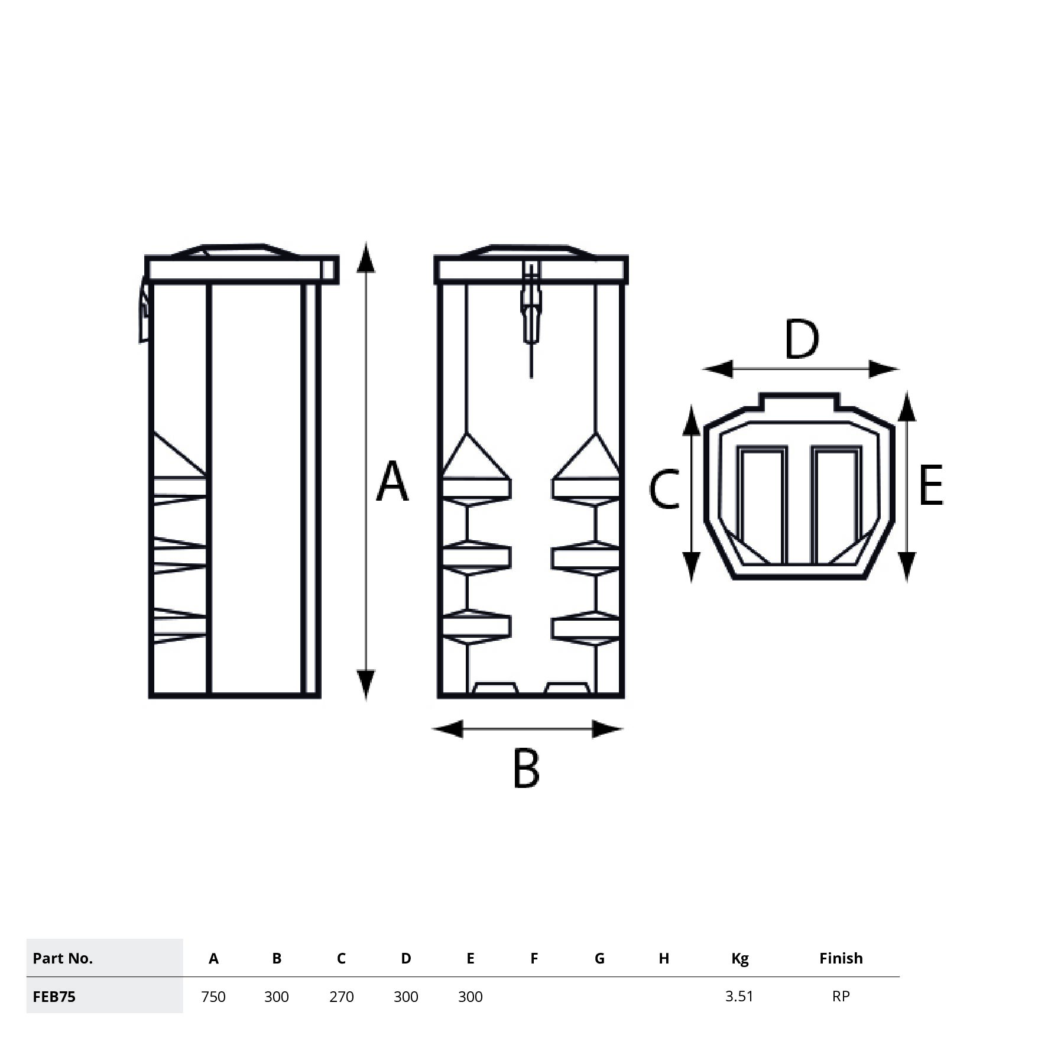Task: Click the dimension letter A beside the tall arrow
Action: (x=392, y=481)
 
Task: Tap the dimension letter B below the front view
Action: (x=526, y=768)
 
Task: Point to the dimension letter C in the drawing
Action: (x=664, y=489)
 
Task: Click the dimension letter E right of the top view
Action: (x=931, y=485)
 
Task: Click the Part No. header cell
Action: (x=63, y=958)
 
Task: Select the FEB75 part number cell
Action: (x=54, y=997)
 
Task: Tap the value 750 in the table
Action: (x=213, y=997)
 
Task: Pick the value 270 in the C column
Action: (x=341, y=997)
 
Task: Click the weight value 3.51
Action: (x=739, y=996)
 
